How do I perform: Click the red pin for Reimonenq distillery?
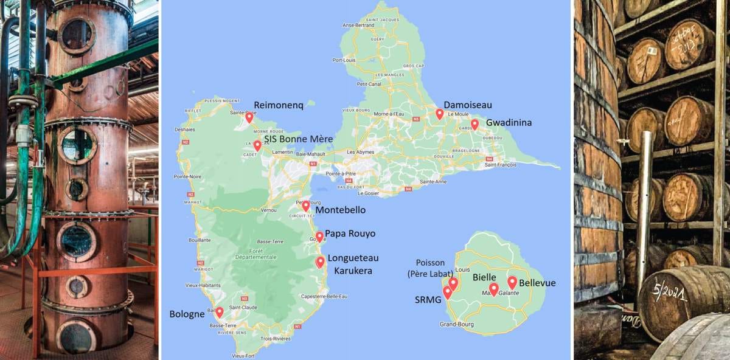pos(249,117)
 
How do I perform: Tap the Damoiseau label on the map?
pos(468,105)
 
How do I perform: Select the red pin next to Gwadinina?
pos(474,124)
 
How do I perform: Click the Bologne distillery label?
pos(187,314)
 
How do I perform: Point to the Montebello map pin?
pos(306,206)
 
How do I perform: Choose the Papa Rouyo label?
pos(350,233)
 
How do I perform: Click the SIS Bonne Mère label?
pos(298,139)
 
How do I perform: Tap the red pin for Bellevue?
pos(512,282)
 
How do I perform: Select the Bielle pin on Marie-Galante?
pos(493,288)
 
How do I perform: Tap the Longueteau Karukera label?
pos(350,264)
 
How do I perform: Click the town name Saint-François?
pos(499,164)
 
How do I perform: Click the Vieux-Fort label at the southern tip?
pos(243,355)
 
